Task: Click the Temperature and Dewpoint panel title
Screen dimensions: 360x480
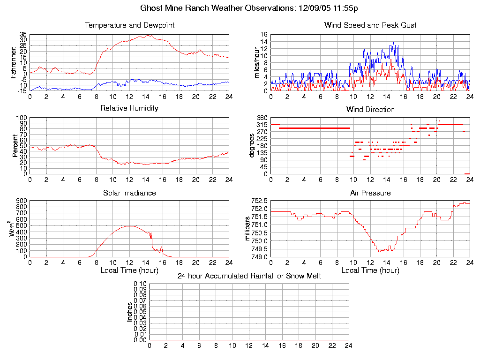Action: click(129, 25)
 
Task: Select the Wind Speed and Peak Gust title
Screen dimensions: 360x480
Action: click(370, 25)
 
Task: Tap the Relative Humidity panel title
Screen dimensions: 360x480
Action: click(129, 108)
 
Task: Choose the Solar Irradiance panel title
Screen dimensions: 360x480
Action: click(129, 193)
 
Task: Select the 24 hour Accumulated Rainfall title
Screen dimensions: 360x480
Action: click(249, 276)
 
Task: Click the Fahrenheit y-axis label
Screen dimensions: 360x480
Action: click(14, 63)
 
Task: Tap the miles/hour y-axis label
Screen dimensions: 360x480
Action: click(256, 63)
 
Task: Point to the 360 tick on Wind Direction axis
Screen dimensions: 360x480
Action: click(262, 118)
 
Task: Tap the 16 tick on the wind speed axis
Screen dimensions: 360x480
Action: click(263, 35)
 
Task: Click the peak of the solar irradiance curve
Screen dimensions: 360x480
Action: click(129, 226)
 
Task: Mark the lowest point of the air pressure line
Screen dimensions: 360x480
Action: click(379, 252)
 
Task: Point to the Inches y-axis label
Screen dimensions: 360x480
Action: click(130, 312)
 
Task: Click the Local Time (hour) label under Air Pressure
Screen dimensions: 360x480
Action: click(370, 270)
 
